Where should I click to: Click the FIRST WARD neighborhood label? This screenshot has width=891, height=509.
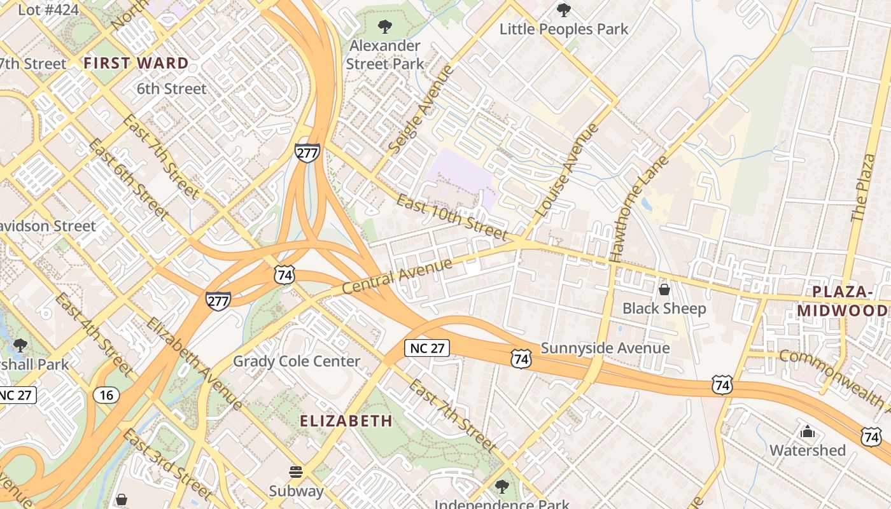tap(136, 63)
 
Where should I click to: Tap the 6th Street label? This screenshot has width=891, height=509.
tap(172, 88)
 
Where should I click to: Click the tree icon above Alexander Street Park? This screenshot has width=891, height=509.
tap(384, 27)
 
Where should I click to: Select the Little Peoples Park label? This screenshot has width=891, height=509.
tap(563, 29)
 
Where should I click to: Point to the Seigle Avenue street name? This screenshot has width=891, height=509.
tap(421, 109)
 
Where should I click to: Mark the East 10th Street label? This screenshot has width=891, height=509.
tap(452, 218)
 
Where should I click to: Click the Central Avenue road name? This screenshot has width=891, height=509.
tap(397, 275)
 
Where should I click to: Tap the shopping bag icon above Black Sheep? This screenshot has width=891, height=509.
tap(664, 290)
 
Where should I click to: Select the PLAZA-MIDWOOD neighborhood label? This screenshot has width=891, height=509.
tap(843, 301)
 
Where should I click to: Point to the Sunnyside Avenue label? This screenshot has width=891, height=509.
tap(605, 348)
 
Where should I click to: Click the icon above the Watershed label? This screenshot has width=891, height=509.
tap(808, 432)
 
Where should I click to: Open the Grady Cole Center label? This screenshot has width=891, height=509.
tap(297, 361)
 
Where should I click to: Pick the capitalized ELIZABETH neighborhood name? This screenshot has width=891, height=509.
tap(346, 421)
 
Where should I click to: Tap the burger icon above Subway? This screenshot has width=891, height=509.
tap(296, 472)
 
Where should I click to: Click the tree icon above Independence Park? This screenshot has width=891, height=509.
tap(502, 487)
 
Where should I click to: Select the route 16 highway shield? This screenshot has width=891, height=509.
tap(106, 395)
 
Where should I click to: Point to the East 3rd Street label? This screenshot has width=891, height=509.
tap(167, 464)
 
